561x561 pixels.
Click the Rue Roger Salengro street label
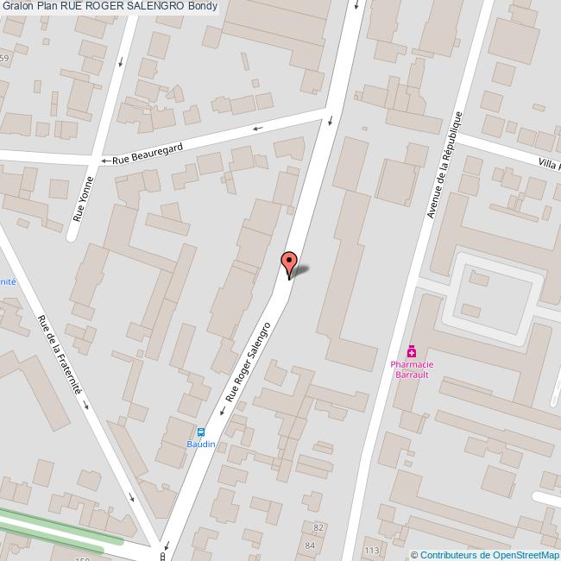(249, 362)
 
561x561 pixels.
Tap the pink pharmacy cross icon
(413, 351)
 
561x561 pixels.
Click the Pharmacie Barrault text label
(413, 370)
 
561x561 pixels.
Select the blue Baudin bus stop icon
(201, 432)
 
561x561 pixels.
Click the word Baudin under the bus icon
(201, 444)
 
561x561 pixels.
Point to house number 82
(319, 527)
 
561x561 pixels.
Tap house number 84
(311, 545)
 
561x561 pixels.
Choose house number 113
(372, 550)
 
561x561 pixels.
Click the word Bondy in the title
(203, 7)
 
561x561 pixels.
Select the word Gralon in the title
(17, 7)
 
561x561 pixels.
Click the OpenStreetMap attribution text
(485, 555)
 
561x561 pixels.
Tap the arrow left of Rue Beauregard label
(104, 161)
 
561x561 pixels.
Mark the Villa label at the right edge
(549, 163)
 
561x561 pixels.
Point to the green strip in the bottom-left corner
(52, 527)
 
